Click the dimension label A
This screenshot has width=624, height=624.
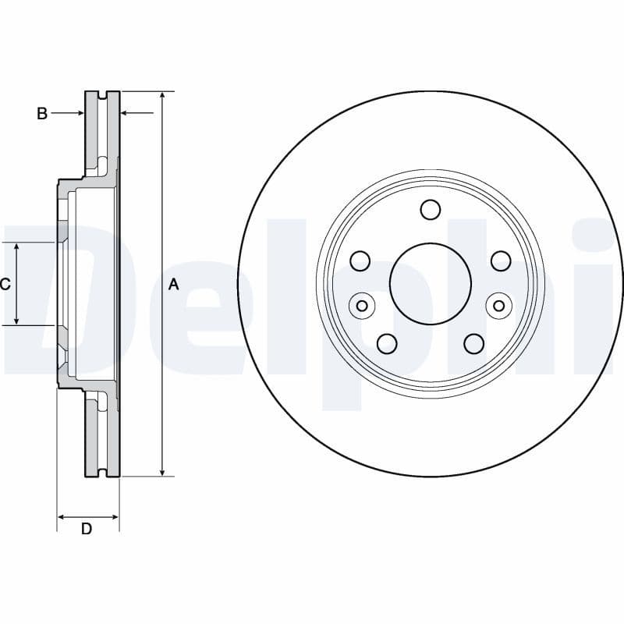coord(173,285)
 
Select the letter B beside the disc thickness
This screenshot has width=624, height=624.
coord(42,114)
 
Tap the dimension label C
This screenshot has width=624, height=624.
coord(5,284)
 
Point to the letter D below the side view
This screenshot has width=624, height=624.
coord(87,529)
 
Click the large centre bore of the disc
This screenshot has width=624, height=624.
coord(431,283)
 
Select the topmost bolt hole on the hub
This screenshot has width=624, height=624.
coord(430,209)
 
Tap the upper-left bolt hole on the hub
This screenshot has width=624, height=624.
coord(360,261)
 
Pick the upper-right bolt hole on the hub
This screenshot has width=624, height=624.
coord(500,261)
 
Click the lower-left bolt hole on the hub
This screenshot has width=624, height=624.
coord(387,343)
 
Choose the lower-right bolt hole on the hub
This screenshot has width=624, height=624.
coord(473,343)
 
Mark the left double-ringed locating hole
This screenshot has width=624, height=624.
coord(361,305)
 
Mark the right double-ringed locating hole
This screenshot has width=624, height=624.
coord(499,305)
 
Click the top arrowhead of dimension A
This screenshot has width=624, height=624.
coord(161,96)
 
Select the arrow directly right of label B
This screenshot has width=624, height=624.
coord(79,114)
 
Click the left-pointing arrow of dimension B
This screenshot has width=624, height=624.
coord(126,114)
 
